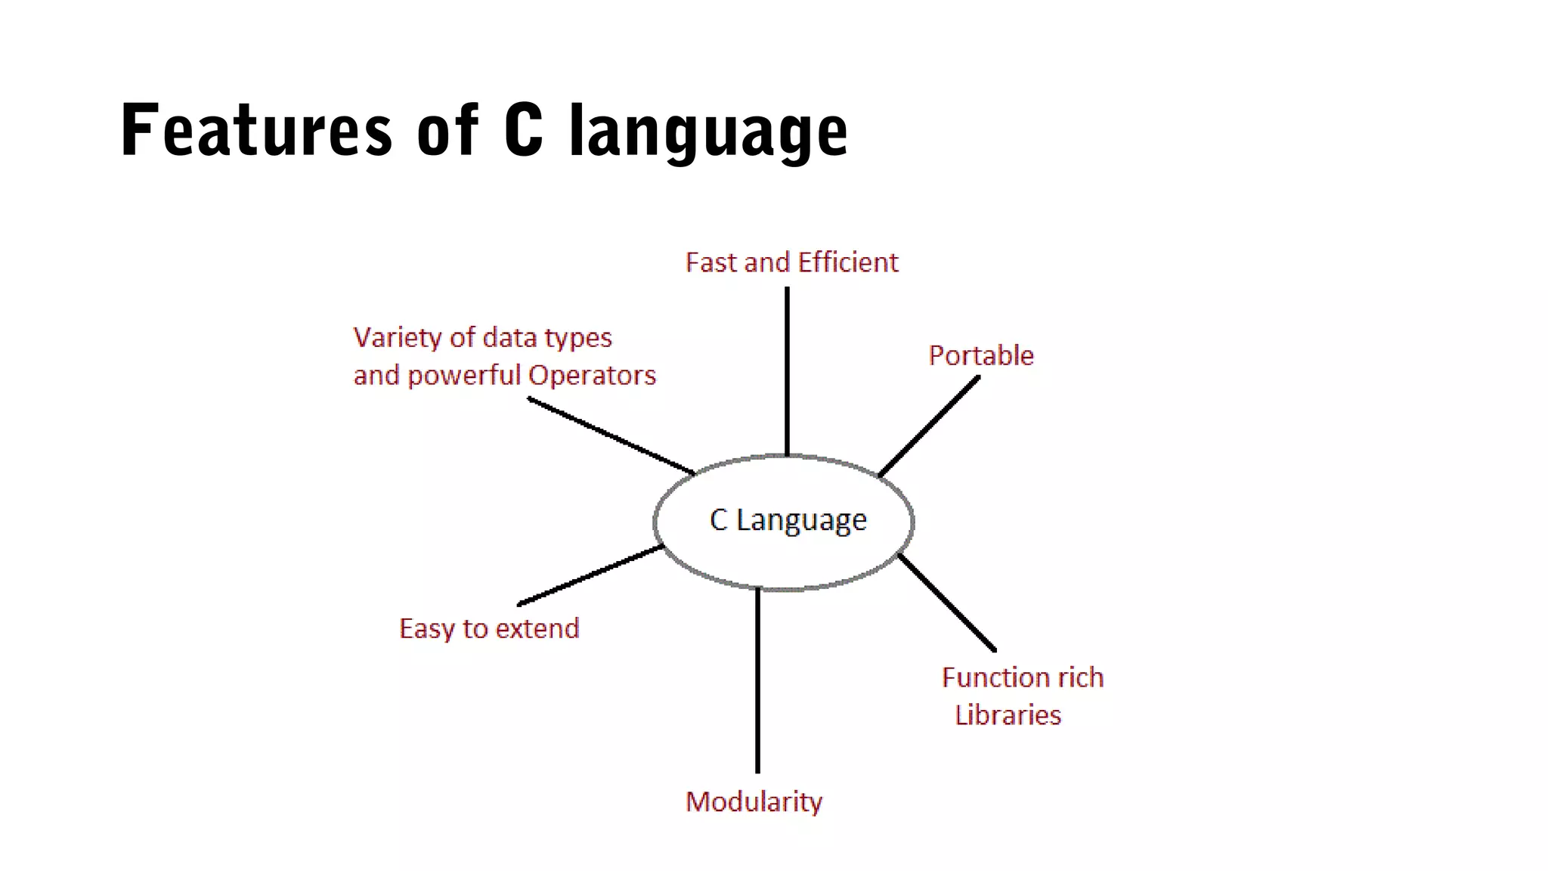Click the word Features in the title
[256, 131]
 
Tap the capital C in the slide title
[523, 130]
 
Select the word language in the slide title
[708, 133]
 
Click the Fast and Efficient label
[791, 262]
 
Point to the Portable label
[980, 355]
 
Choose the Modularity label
[754, 801]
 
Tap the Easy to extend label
[489, 628]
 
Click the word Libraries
[1008, 714]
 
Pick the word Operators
[592, 375]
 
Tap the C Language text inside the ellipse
[788, 520]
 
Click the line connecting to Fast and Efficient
[787, 370]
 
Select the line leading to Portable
[929, 426]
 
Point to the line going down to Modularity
[757, 680]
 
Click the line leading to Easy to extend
[590, 575]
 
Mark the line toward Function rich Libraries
[947, 603]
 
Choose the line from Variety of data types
[611, 436]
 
